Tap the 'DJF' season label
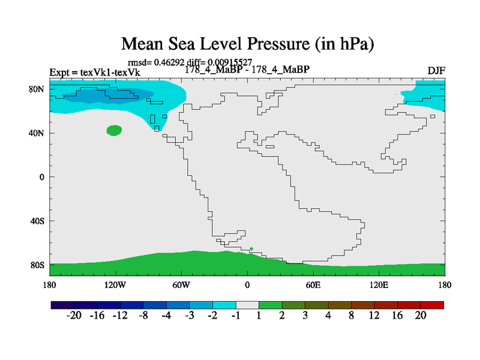click(x=436, y=70)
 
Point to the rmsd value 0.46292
click(x=166, y=61)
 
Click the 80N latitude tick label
click(x=37, y=89)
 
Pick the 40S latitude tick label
click(x=38, y=221)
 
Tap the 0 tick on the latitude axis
click(x=42, y=177)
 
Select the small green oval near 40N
click(x=114, y=130)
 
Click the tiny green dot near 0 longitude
click(x=251, y=249)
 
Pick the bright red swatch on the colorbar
click(x=432, y=305)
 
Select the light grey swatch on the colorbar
click(x=247, y=305)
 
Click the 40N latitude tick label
click(x=37, y=133)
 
